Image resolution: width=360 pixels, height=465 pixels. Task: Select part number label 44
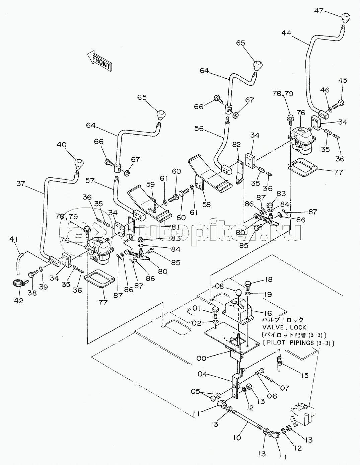286,33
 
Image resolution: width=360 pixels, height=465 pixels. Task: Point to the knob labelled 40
79,164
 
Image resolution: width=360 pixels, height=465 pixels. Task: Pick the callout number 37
21,183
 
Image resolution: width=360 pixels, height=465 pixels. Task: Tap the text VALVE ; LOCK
284,327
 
